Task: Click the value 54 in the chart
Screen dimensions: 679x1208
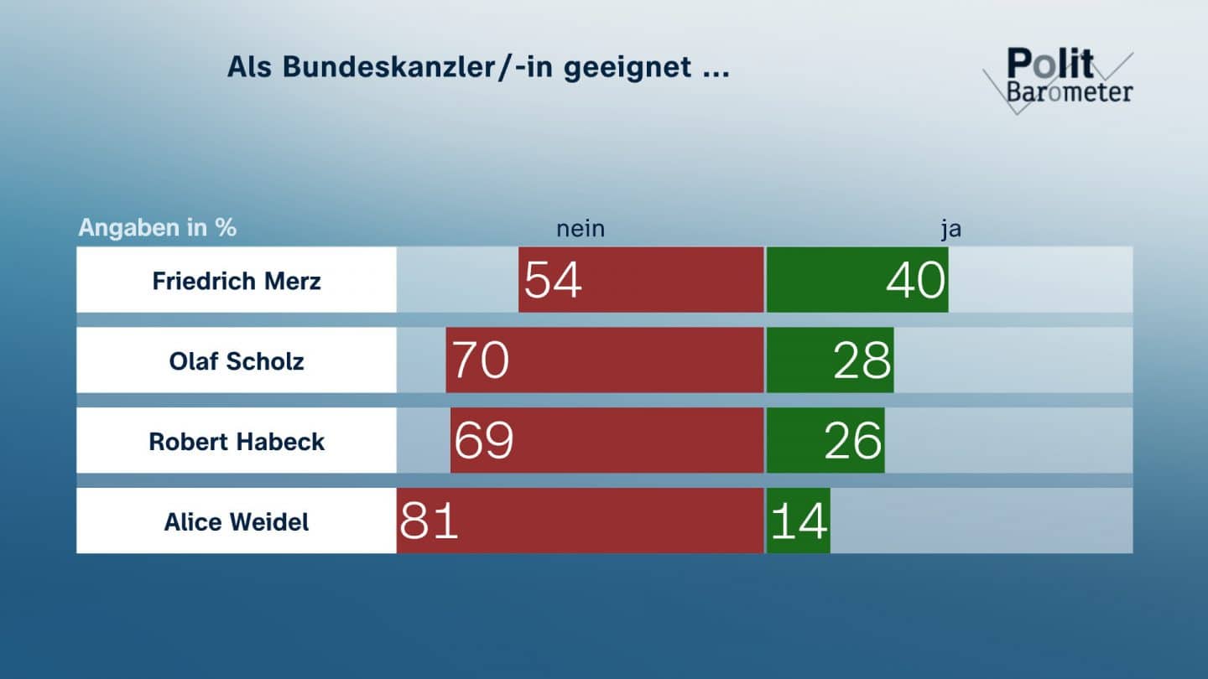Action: [553, 279]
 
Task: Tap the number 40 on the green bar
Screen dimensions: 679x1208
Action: [916, 279]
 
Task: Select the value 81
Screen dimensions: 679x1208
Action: [429, 521]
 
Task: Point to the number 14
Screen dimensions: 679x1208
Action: [799, 521]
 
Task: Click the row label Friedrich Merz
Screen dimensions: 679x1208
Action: [237, 280]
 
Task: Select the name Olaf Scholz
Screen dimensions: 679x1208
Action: [237, 360]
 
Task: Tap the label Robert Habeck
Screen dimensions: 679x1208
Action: [237, 441]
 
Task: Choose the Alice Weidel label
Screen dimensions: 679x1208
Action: [237, 521]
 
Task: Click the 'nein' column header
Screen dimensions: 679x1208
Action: [581, 229]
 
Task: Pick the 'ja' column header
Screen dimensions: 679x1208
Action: [950, 229]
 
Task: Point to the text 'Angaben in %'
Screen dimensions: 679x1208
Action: [158, 228]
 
